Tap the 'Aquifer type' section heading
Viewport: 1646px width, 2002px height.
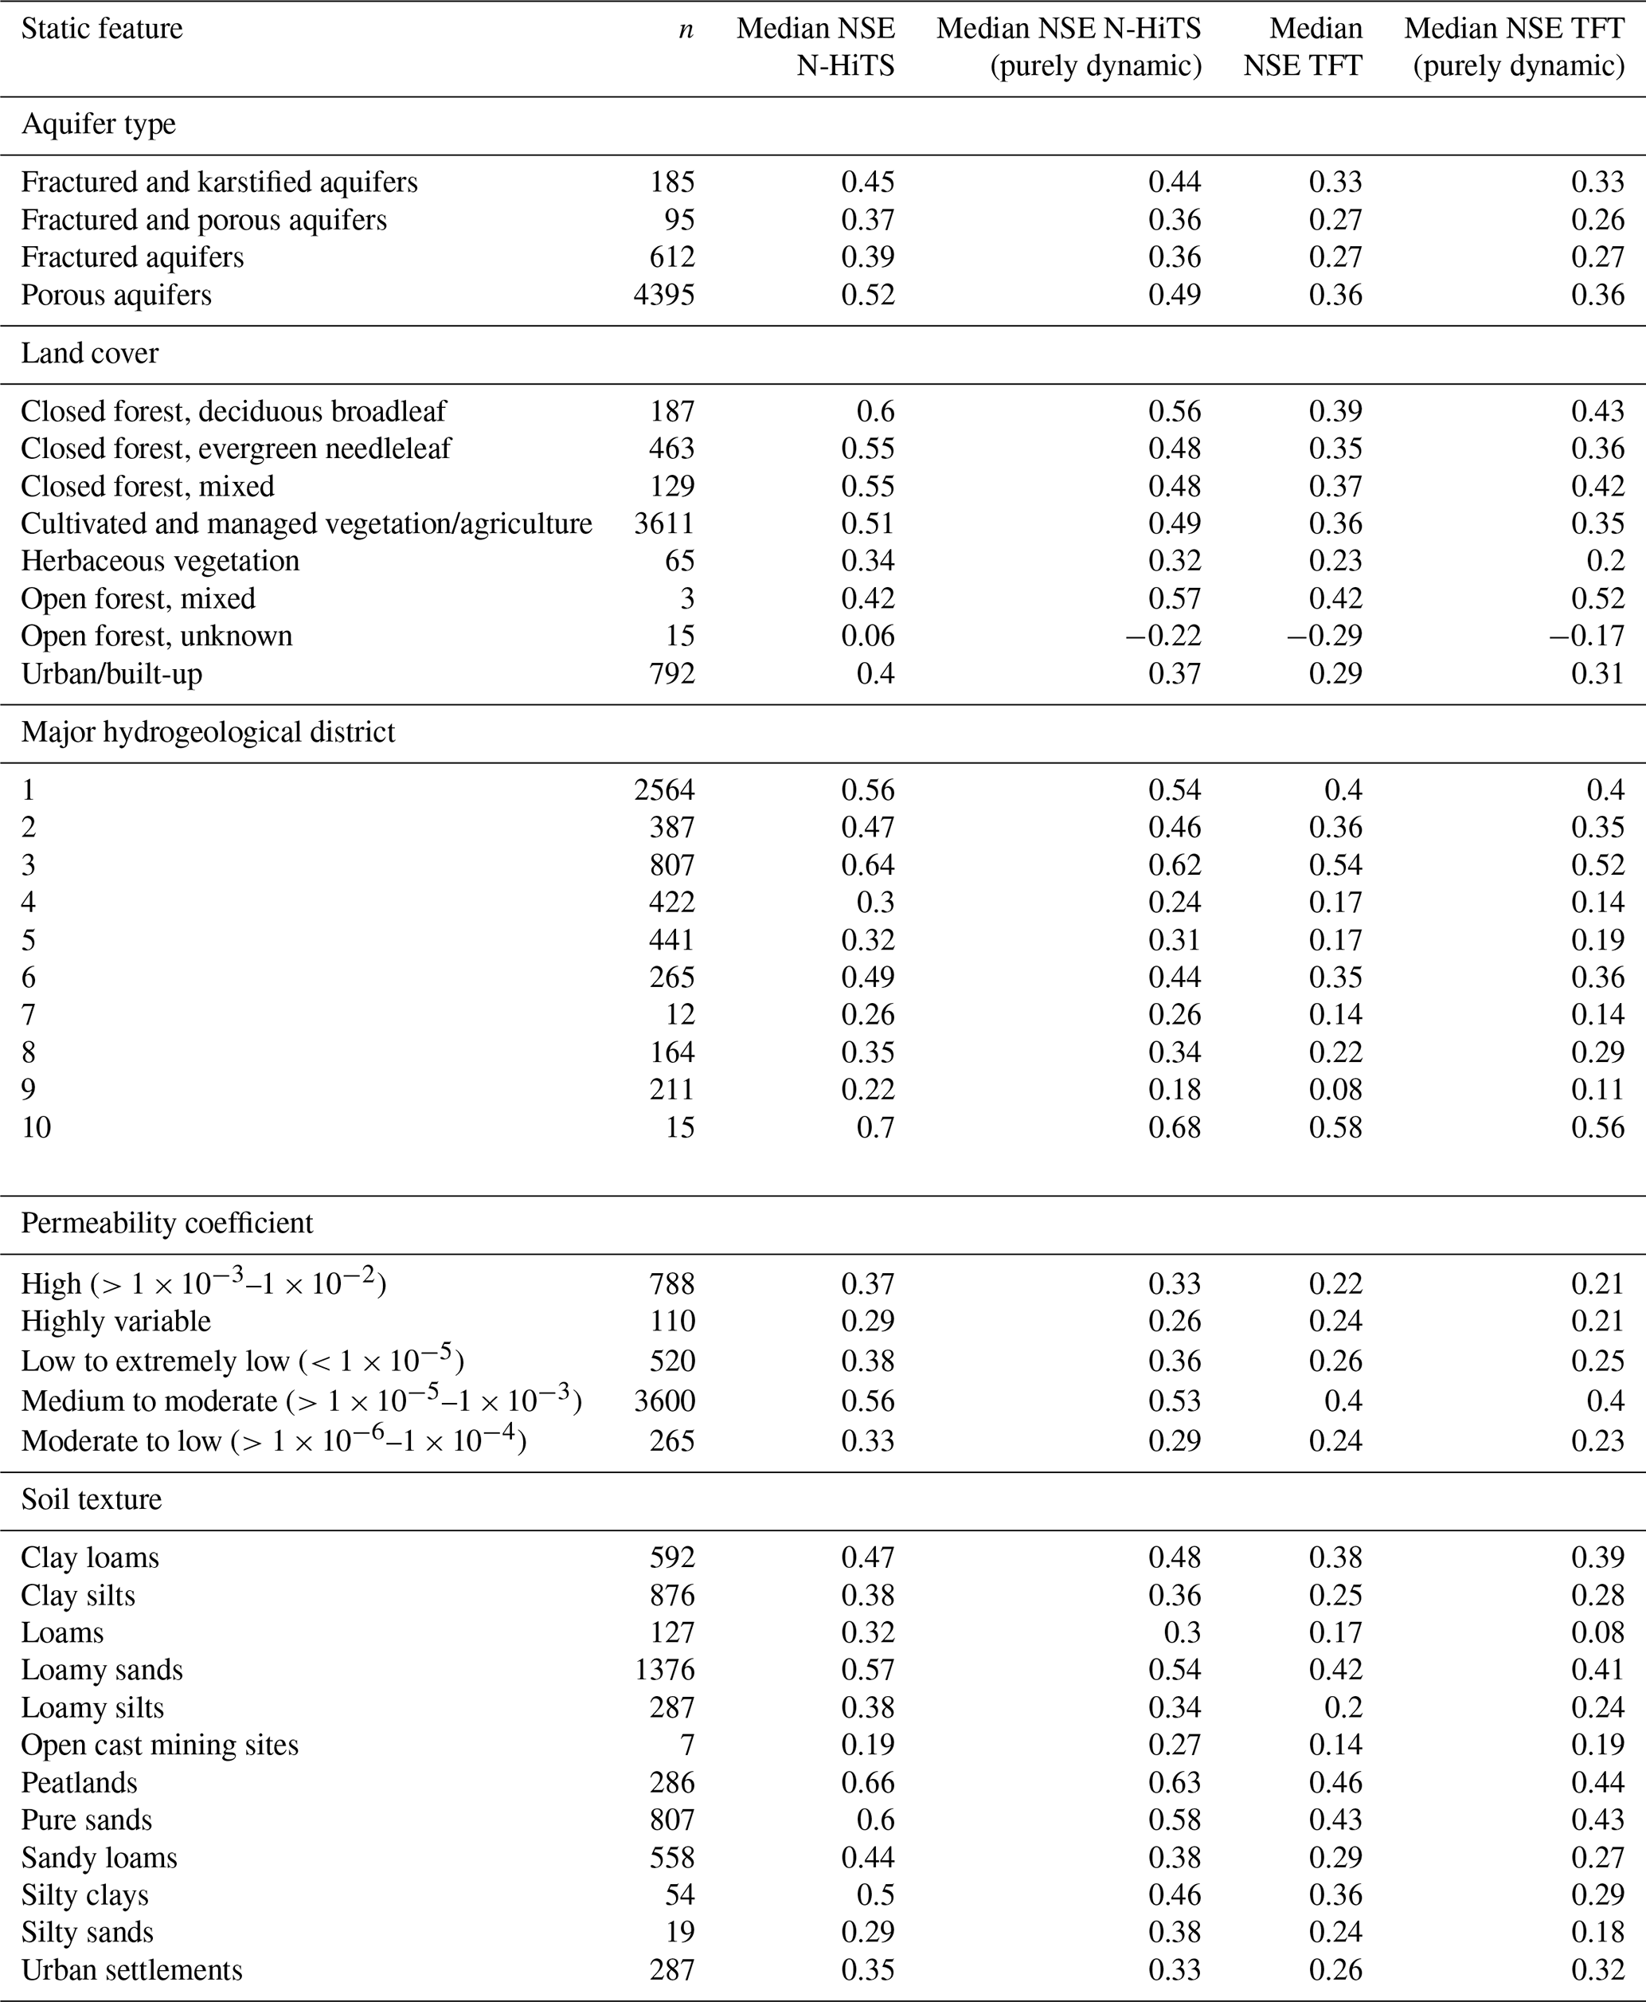[x=99, y=124]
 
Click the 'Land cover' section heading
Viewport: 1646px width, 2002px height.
[x=90, y=354]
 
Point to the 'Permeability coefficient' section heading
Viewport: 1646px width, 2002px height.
[x=167, y=1224]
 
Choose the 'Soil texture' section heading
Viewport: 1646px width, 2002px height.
[x=91, y=1499]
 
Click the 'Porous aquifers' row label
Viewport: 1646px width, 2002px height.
[x=116, y=295]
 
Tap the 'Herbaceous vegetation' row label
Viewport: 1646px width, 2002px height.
[x=160, y=562]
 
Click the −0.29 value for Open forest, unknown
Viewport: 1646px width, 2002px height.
[x=1323, y=637]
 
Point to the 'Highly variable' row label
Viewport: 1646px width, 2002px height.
[x=115, y=1321]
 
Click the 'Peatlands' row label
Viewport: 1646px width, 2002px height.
[x=80, y=1783]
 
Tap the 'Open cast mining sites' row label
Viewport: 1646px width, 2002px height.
[x=159, y=1745]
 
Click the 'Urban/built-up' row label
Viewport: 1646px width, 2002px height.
[x=111, y=674]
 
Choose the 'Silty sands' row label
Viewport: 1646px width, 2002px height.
[x=88, y=1933]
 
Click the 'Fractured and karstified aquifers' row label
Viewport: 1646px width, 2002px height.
[x=219, y=182]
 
